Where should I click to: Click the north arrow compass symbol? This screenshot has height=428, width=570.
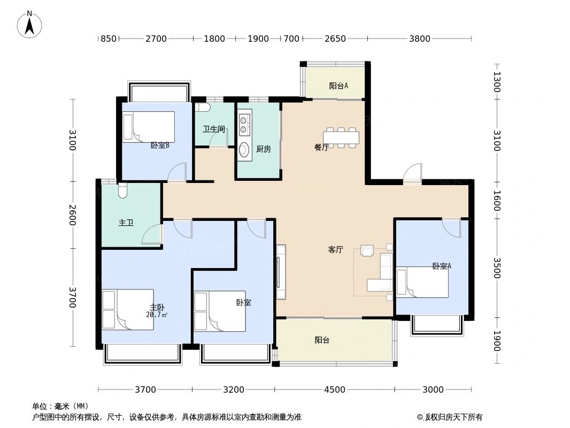coord(30,24)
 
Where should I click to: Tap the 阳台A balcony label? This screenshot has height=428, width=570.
coord(338,86)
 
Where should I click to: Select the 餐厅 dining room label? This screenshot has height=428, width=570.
coord(321,148)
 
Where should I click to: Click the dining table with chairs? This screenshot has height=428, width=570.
coord(341,137)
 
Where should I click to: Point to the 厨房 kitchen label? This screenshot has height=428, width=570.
coord(263,149)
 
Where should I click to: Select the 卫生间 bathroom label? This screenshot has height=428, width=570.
coord(213,129)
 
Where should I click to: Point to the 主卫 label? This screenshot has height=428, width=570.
coord(126,223)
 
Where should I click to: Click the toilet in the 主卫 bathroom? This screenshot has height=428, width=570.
coord(122,190)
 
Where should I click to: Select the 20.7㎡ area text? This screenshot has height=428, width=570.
coord(157,315)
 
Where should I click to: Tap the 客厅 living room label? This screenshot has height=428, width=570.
coord(335,250)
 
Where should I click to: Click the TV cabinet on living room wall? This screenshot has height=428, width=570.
coord(281,272)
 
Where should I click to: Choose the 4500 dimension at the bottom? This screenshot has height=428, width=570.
coord(335,389)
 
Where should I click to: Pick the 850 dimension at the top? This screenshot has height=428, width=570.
coord(108,39)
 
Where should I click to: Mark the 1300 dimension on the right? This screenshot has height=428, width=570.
coord(496,82)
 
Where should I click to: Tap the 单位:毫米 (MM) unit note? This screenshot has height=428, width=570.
coord(60,406)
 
